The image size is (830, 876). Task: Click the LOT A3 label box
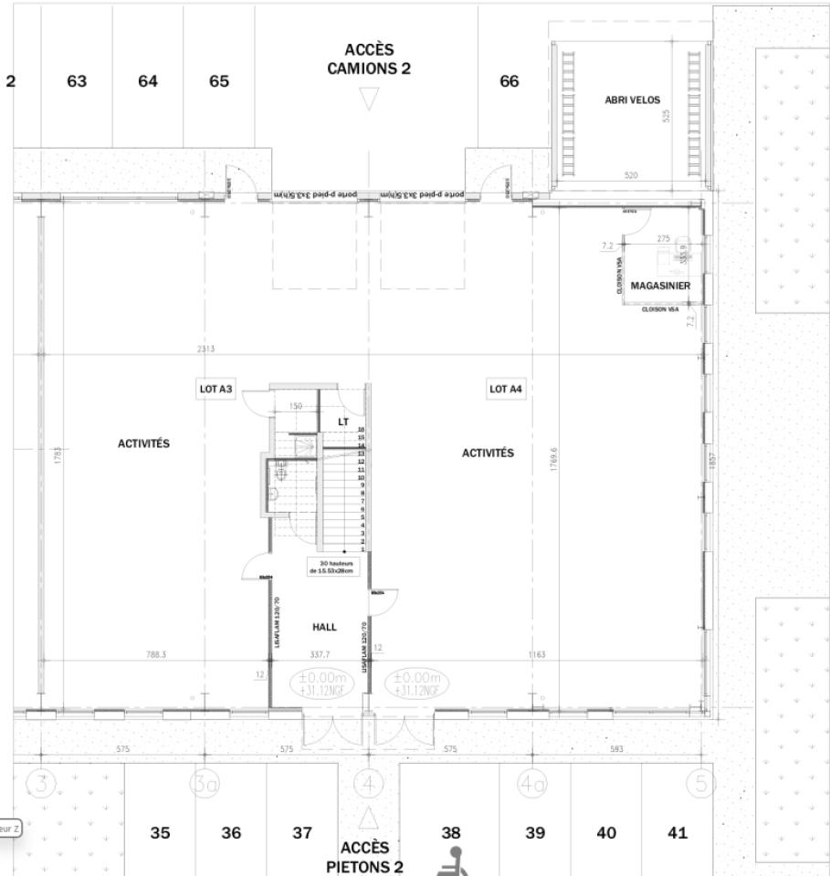(x=216, y=389)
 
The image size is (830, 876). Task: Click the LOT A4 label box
(x=505, y=389)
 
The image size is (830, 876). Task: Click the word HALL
(x=324, y=627)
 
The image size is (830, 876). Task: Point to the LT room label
(x=342, y=421)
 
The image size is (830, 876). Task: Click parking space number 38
(x=451, y=832)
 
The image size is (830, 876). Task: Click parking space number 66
(x=509, y=81)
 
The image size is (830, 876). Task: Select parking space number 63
(x=77, y=81)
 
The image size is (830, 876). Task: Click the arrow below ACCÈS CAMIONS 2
(x=368, y=98)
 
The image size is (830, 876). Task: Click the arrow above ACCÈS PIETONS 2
(x=368, y=815)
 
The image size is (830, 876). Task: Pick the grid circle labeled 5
(x=700, y=783)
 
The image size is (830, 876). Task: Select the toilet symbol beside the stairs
(x=276, y=494)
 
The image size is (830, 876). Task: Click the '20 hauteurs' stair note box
(x=333, y=567)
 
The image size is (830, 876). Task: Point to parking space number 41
(x=677, y=832)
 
